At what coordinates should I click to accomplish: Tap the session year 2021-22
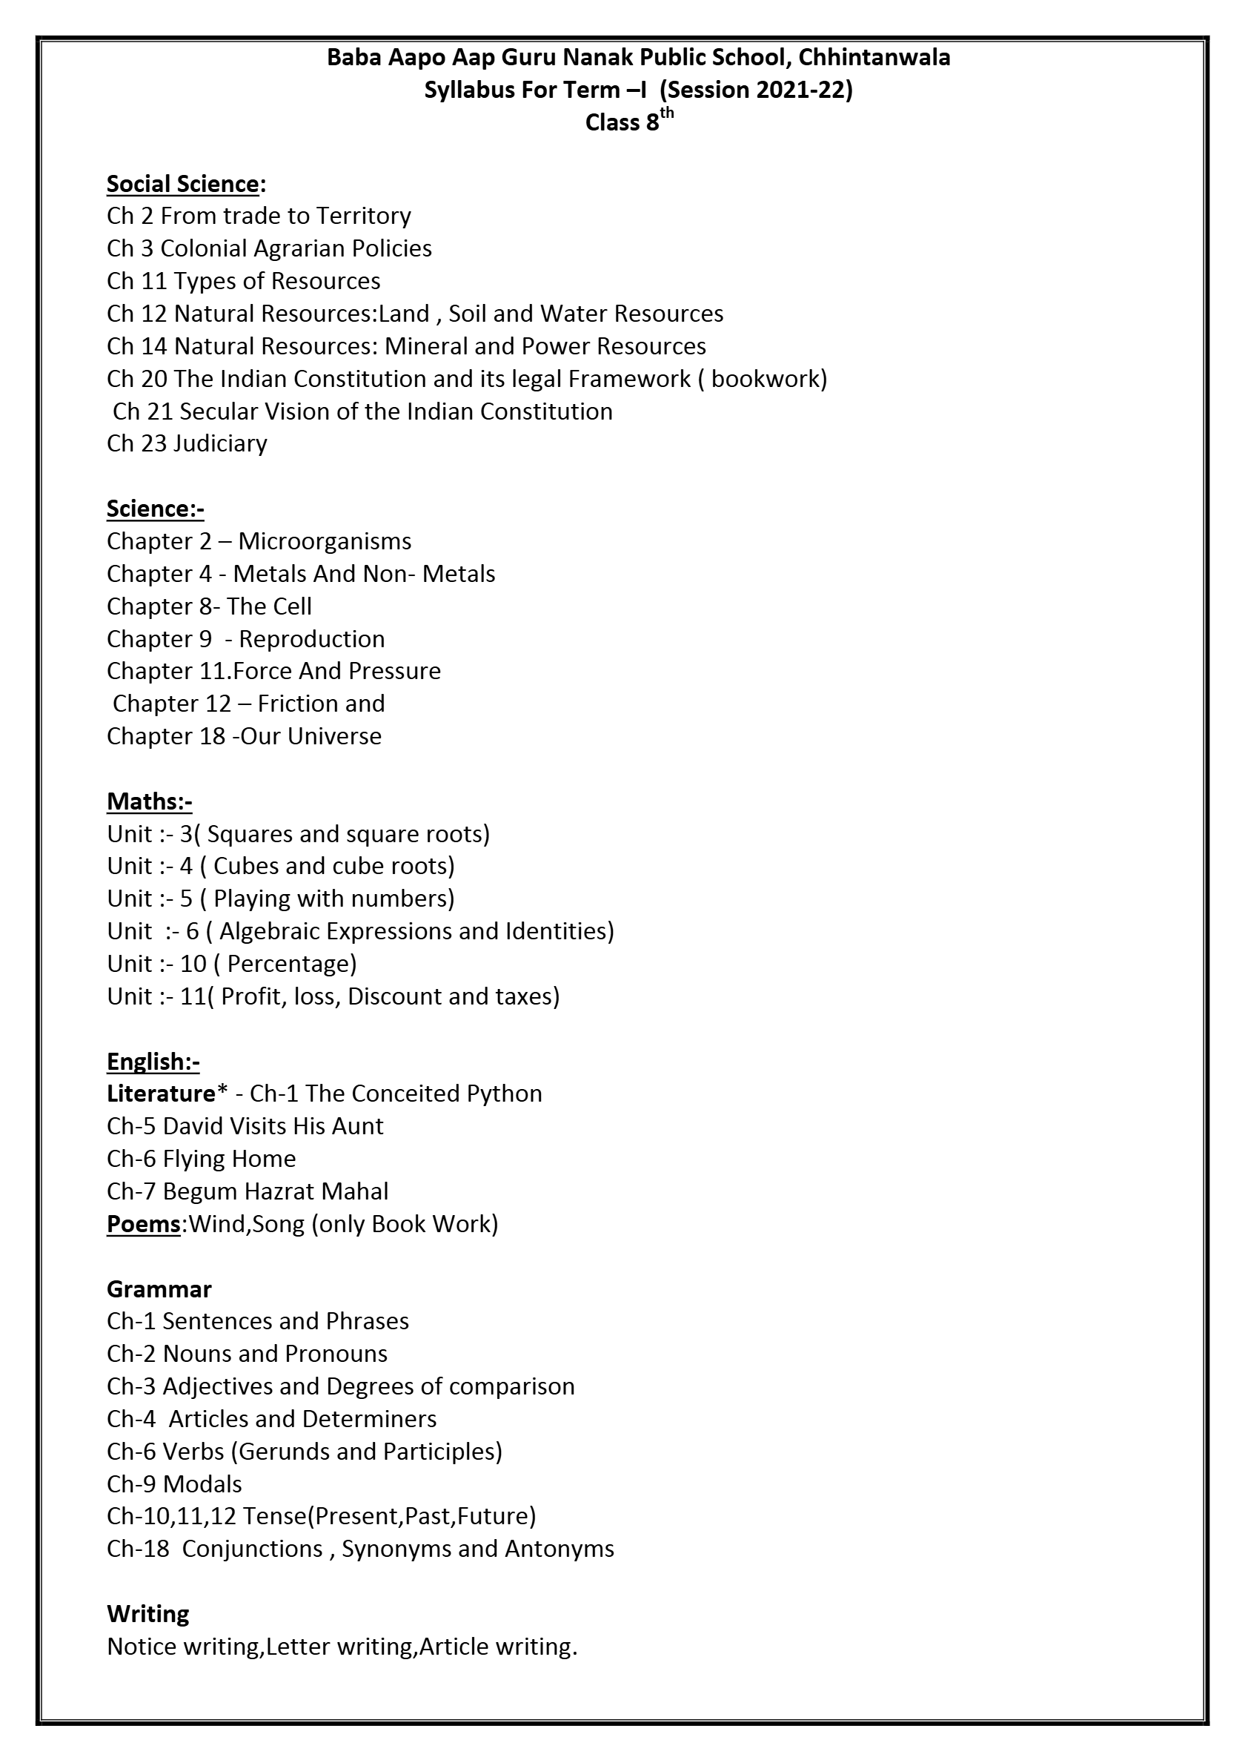pos(800,90)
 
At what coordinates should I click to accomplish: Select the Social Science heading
pos(183,184)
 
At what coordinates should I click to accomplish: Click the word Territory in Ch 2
pos(363,216)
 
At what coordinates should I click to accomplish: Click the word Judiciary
pos(221,443)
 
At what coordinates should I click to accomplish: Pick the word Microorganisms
pos(325,541)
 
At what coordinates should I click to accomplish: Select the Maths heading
pos(149,801)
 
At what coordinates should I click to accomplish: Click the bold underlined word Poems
pos(143,1224)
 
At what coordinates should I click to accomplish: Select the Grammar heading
pos(159,1289)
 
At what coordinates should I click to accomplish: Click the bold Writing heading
pos(148,1614)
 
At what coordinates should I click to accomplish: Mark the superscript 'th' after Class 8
pos(666,114)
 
